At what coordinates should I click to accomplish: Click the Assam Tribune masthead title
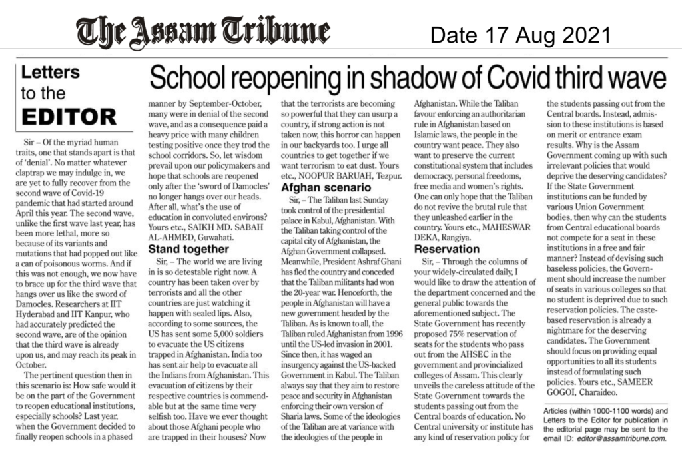[x=203, y=31]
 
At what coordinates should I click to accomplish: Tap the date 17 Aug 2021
[x=520, y=33]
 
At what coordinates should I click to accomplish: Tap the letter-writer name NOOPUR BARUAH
[x=330, y=175]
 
